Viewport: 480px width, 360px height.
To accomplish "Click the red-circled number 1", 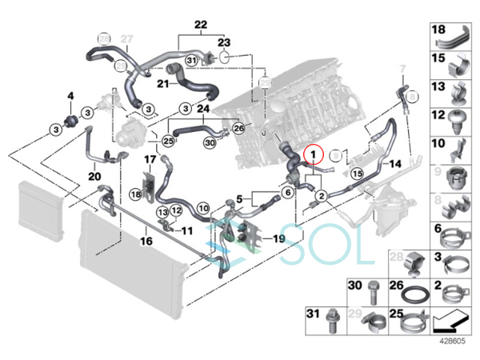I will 313,153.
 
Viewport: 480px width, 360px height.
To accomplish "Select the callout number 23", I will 224,41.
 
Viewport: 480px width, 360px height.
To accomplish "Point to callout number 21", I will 162,84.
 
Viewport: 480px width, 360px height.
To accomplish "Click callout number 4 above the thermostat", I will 70,98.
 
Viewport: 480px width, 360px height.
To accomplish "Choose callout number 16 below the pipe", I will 146,240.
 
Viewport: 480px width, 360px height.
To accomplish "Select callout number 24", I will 202,109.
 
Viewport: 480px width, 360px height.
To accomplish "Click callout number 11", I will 188,230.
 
